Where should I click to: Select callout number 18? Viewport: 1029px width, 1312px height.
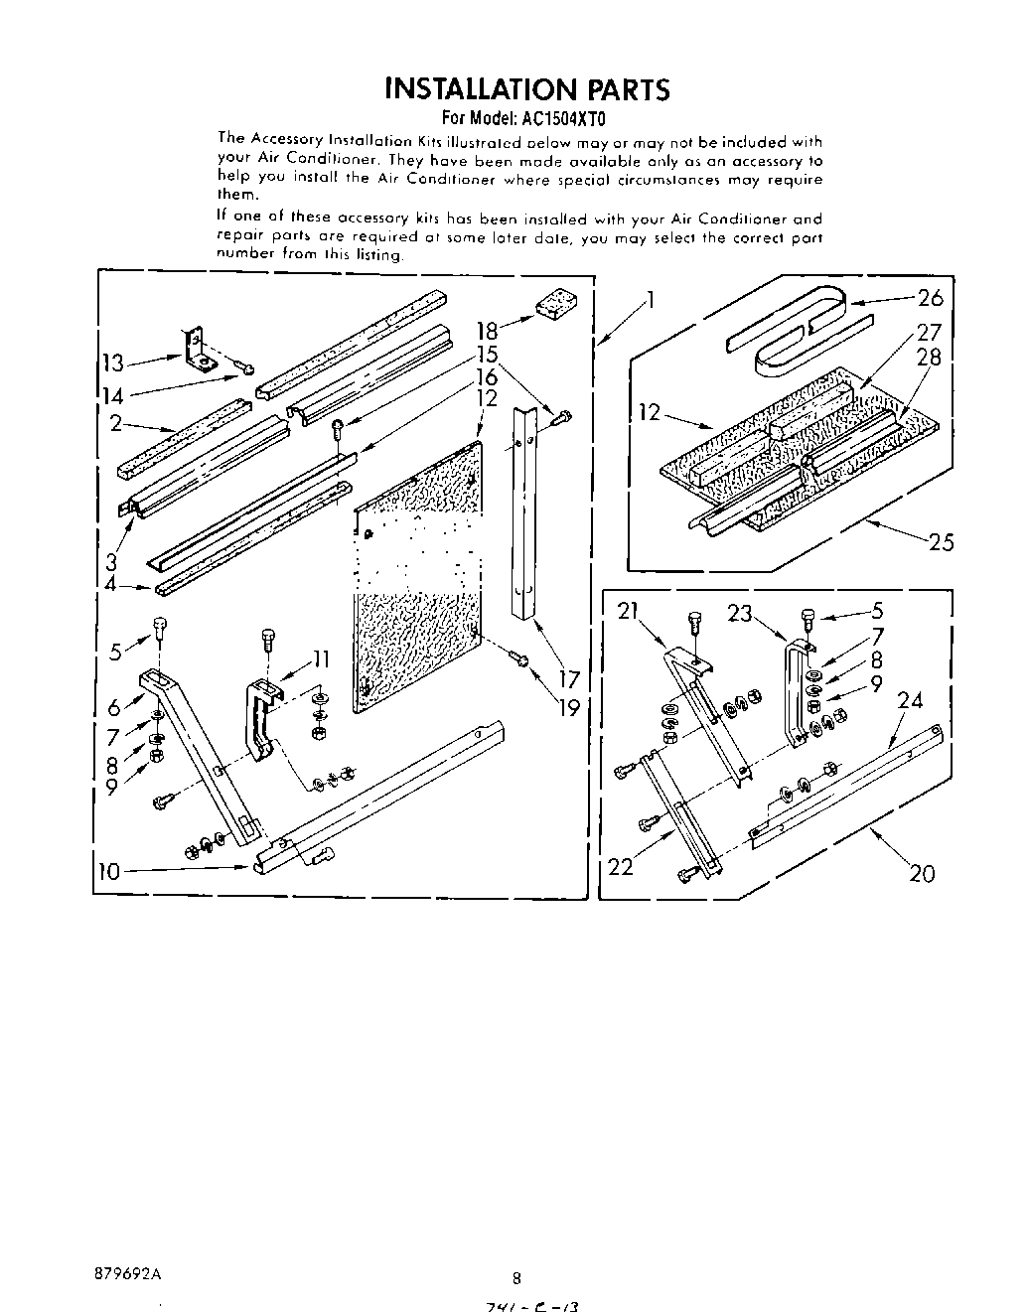click(x=487, y=332)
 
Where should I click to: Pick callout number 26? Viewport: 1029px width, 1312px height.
click(x=931, y=297)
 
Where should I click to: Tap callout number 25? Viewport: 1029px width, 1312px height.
click(x=941, y=541)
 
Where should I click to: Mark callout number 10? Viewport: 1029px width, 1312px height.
click(x=109, y=872)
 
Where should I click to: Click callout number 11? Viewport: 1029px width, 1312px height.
click(x=321, y=657)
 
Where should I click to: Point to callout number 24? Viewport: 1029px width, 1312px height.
click(x=910, y=701)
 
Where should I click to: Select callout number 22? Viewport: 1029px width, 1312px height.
click(x=621, y=866)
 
